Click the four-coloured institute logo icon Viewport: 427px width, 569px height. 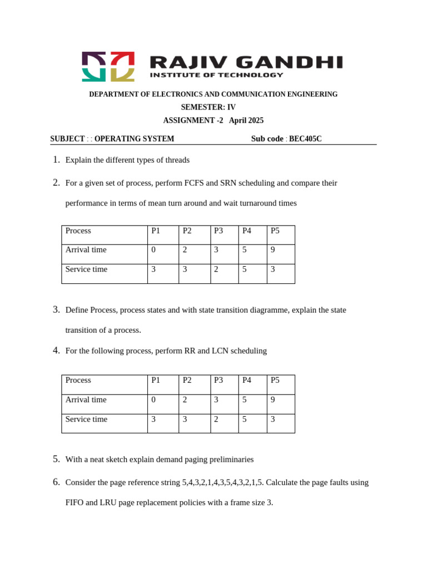tap(108, 67)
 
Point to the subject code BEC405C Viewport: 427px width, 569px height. tap(305, 139)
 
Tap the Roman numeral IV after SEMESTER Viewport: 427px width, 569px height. tap(231, 107)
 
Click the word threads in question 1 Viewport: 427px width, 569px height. tap(177, 160)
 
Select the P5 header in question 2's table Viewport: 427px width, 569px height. tap(275, 231)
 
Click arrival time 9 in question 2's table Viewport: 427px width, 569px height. tap(273, 250)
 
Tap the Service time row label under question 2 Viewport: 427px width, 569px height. tap(86, 269)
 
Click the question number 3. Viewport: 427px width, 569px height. tap(56, 310)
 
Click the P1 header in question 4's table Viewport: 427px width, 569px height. tap(156, 380)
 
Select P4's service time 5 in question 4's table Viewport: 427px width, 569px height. tap(245, 420)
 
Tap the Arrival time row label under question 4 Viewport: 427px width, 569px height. tap(86, 400)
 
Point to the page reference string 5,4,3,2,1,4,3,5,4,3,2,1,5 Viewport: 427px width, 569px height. tap(222, 482)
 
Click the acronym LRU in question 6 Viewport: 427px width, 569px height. tap(109, 503)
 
